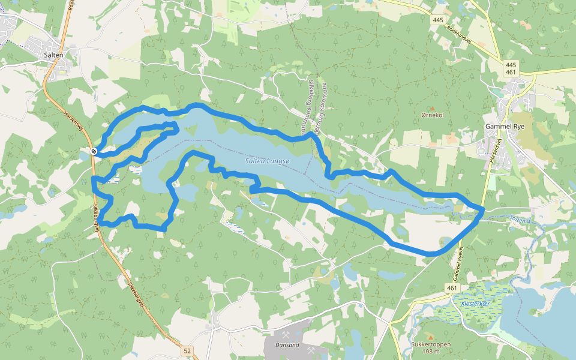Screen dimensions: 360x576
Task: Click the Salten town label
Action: point(53,54)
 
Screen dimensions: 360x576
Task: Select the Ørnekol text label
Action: point(432,115)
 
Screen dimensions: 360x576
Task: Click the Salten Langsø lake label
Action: point(267,161)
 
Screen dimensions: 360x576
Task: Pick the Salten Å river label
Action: point(520,220)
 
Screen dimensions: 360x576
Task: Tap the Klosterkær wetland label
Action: point(476,304)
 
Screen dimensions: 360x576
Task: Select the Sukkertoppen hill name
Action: point(431,345)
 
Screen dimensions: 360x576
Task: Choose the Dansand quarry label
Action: point(284,346)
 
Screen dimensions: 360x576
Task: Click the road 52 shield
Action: point(187,350)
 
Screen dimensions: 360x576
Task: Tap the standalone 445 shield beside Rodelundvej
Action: point(437,20)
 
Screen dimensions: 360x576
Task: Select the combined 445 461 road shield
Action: point(511,68)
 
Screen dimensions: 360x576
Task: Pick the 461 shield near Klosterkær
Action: point(451,289)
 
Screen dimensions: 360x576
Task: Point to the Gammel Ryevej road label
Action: point(457,262)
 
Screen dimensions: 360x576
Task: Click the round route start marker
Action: point(94,151)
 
